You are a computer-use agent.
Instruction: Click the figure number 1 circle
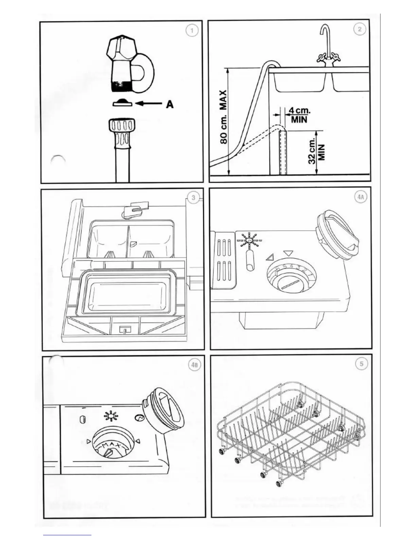[192, 31]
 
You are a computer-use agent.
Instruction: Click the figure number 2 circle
[360, 30]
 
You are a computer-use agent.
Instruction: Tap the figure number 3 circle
[193, 198]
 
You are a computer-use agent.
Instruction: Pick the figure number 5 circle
[362, 364]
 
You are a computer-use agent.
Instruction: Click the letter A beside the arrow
[170, 104]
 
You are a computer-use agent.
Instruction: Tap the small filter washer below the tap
[122, 103]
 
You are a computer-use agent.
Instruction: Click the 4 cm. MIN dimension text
[299, 115]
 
